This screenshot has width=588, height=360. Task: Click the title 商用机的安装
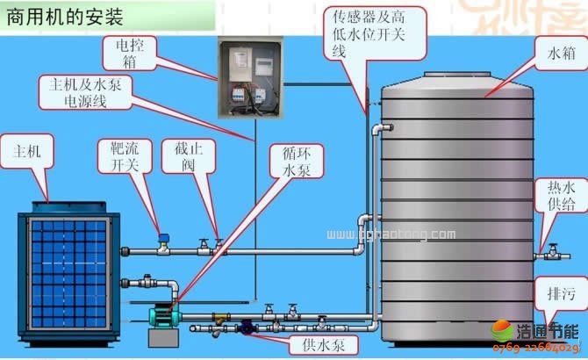tap(65, 17)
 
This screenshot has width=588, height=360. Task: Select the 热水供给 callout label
tap(561, 197)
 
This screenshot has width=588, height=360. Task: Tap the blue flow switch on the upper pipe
tap(162, 237)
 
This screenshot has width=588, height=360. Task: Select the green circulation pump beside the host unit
tap(161, 313)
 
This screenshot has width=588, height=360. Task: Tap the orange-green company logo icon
tap(503, 334)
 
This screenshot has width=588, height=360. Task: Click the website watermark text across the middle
tap(391, 234)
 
